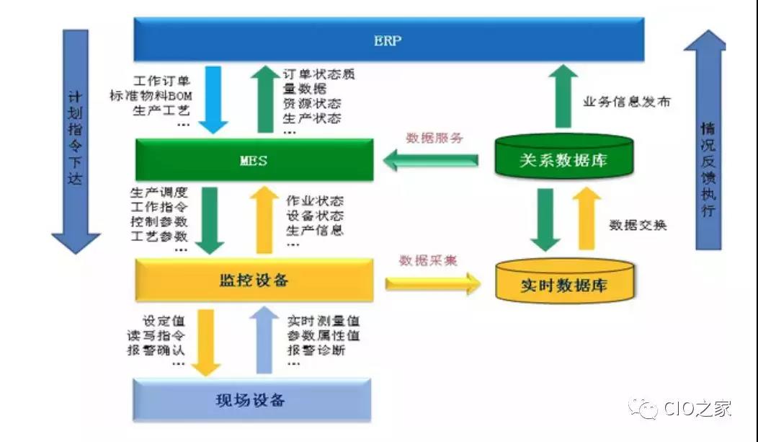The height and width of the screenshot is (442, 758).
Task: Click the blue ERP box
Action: (x=388, y=40)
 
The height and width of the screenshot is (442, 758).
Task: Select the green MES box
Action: (x=254, y=160)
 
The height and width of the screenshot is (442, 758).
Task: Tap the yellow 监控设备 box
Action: (x=254, y=280)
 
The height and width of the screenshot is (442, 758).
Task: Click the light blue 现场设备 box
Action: (x=252, y=400)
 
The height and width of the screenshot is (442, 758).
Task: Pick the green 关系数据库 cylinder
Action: (x=564, y=156)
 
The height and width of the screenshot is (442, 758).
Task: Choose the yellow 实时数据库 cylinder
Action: (x=565, y=280)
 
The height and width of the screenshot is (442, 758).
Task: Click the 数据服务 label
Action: (x=434, y=138)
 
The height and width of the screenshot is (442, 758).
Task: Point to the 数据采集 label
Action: (x=428, y=260)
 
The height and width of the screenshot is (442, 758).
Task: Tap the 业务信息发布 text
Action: (x=627, y=102)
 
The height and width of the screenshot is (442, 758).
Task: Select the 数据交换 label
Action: (x=638, y=225)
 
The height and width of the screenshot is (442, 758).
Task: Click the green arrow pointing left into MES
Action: (x=430, y=160)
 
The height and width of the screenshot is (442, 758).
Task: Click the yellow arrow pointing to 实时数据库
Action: (x=433, y=283)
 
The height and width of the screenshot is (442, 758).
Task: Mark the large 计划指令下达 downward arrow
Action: (x=76, y=141)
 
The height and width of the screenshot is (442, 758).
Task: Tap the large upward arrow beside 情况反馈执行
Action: (x=705, y=140)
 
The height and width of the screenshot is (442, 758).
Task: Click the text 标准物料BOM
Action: (x=151, y=96)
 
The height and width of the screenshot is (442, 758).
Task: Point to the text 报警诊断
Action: (x=316, y=350)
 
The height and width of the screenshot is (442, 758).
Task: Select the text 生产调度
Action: (x=159, y=193)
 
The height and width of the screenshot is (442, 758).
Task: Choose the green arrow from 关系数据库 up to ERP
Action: (x=563, y=96)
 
